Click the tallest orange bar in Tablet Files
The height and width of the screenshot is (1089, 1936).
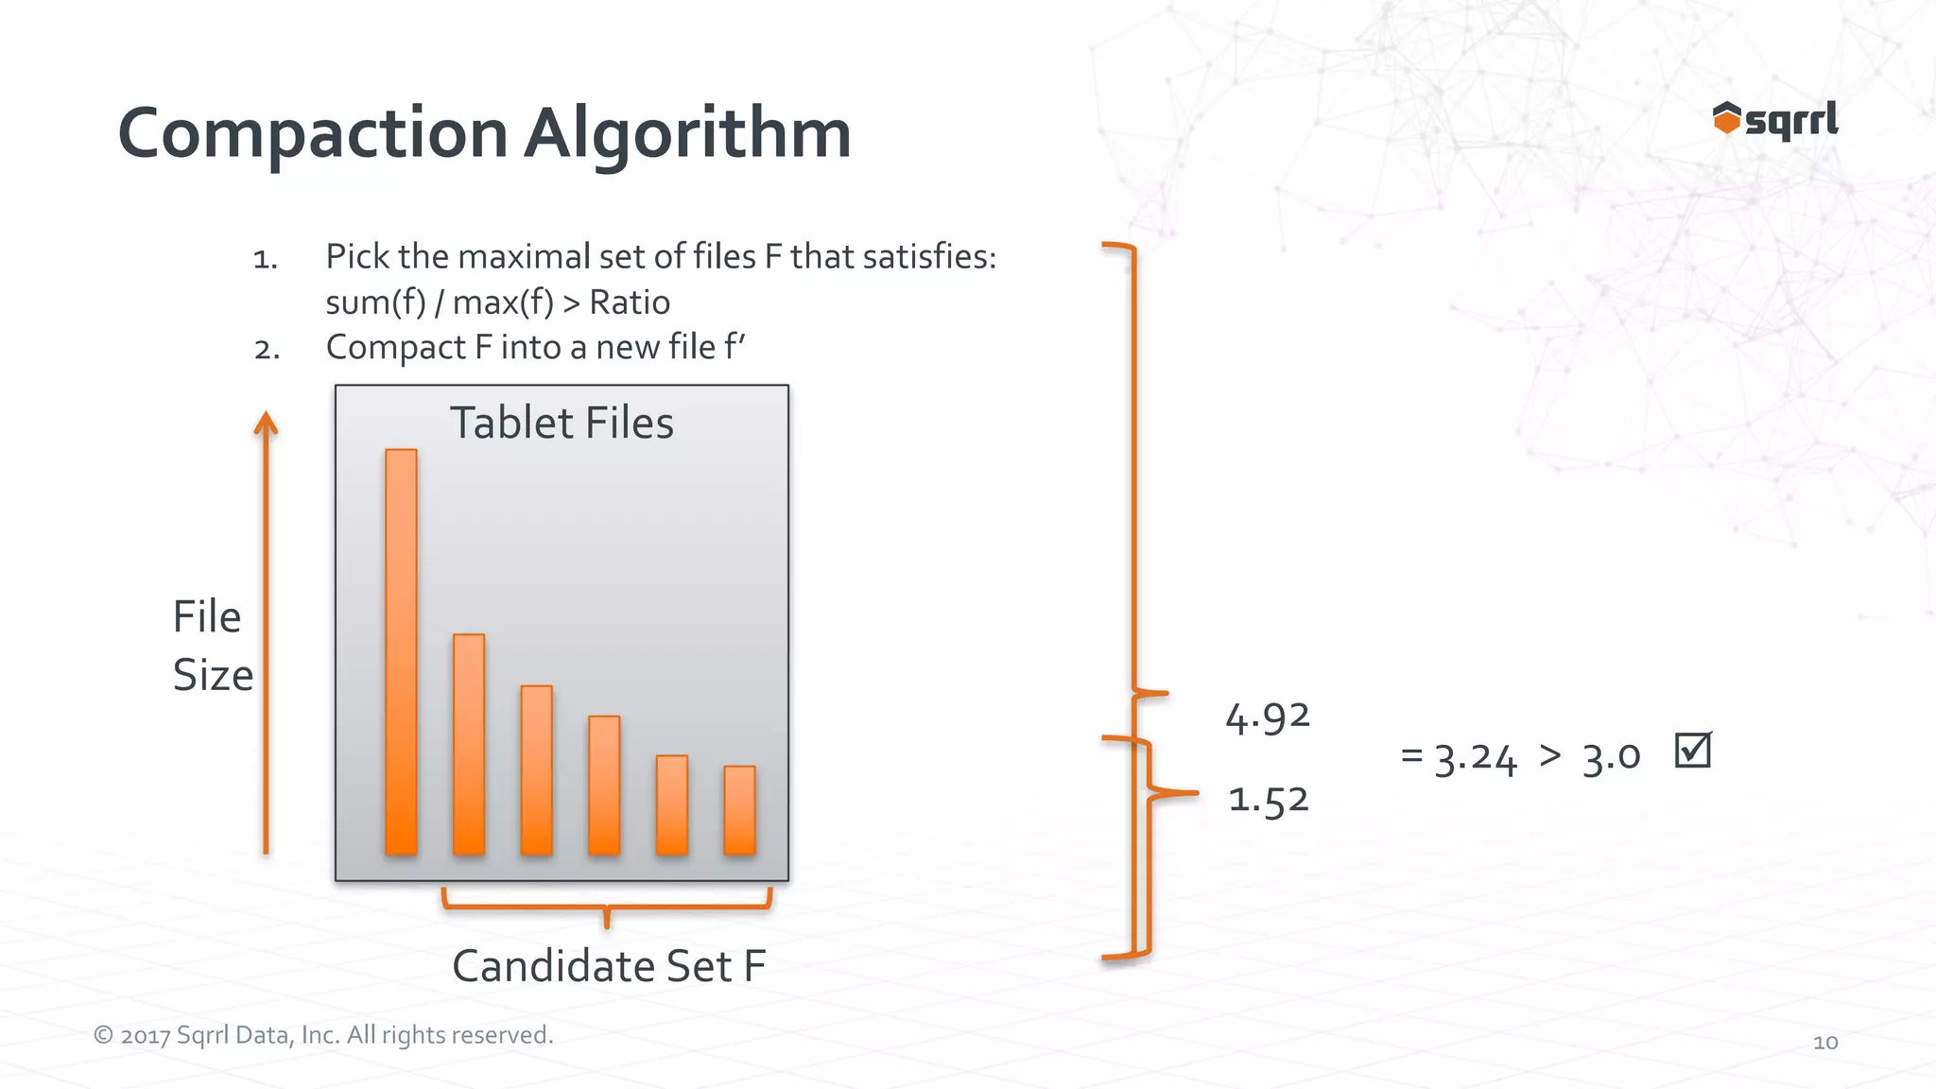click(x=401, y=652)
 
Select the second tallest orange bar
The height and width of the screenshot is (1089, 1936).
click(x=469, y=745)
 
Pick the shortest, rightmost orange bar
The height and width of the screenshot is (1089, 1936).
click(x=739, y=810)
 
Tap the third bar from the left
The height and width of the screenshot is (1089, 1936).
click(x=536, y=770)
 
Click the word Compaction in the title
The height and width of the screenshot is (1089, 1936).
click(x=313, y=134)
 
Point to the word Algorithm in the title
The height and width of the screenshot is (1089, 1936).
click(x=687, y=134)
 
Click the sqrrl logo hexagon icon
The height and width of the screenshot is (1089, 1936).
click(x=1726, y=119)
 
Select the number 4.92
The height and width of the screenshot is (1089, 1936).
click(x=1268, y=717)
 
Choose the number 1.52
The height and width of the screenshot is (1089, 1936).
click(x=1269, y=800)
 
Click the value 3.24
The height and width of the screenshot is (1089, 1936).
click(x=1476, y=757)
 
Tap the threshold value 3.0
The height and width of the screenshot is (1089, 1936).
click(x=1612, y=756)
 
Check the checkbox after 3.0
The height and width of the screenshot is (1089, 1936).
click(x=1692, y=751)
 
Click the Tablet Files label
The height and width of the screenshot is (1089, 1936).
click(x=562, y=423)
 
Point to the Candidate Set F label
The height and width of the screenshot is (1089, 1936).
click(x=609, y=966)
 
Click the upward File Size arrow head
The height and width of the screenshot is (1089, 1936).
click(x=267, y=423)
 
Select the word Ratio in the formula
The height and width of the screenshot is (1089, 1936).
click(x=630, y=302)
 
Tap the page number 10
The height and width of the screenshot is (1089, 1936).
click(x=1825, y=1043)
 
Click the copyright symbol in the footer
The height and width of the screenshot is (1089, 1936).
click(x=103, y=1035)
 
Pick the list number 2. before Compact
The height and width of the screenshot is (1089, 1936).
click(x=267, y=350)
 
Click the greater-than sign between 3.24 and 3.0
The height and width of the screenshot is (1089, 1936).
click(x=1550, y=754)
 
